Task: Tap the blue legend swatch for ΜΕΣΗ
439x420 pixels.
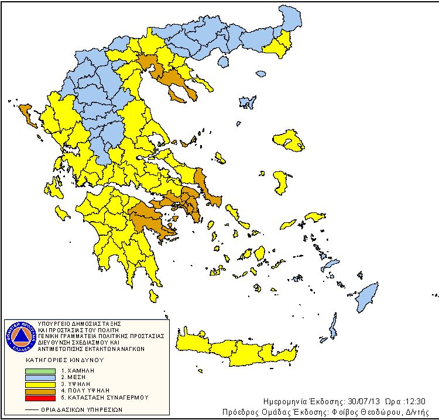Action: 42,378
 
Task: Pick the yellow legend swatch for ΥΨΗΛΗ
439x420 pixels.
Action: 42,384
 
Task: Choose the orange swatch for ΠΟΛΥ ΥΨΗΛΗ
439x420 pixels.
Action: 42,391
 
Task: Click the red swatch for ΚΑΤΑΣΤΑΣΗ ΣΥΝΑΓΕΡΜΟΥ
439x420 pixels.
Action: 42,397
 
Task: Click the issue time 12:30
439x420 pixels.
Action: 412,402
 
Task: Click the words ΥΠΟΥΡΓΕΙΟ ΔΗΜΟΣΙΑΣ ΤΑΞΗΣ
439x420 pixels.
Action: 78,323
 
